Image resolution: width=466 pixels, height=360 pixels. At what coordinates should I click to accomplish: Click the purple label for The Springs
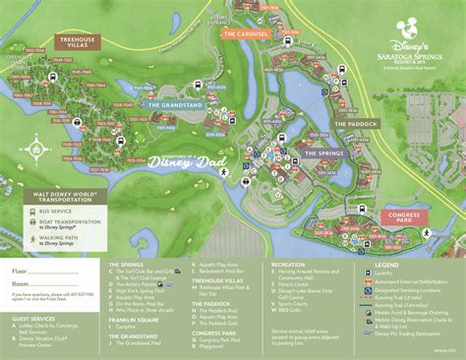(x=321, y=153)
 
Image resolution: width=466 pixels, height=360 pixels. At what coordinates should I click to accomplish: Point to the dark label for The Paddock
(x=354, y=124)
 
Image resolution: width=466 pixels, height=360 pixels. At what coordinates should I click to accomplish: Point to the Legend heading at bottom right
(x=385, y=264)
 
